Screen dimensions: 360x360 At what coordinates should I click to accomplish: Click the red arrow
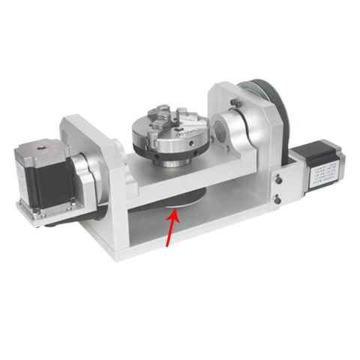(x=169, y=228)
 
